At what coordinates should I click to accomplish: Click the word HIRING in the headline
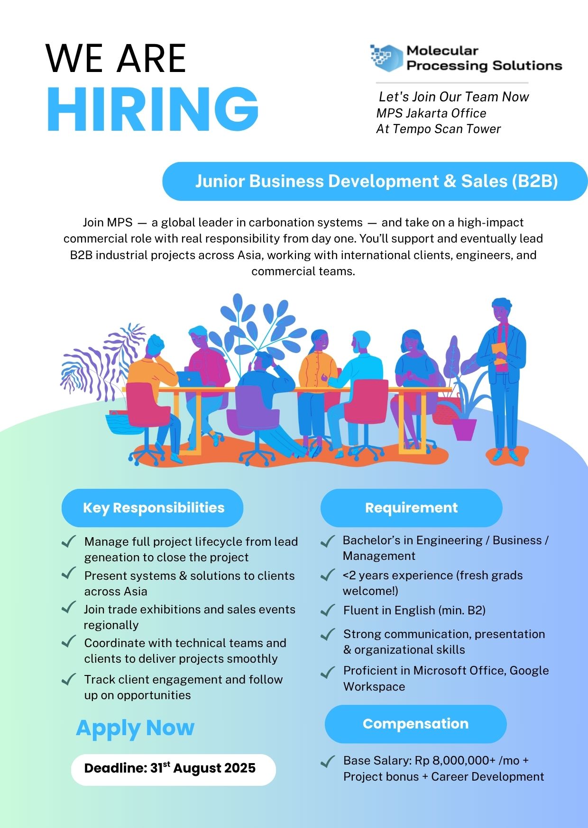[153, 109]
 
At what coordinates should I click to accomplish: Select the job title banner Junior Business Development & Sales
[375, 181]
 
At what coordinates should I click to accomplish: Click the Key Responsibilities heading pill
[152, 508]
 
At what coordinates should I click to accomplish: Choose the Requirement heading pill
[411, 508]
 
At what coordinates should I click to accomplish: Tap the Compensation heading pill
[415, 724]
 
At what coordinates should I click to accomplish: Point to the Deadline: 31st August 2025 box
[174, 770]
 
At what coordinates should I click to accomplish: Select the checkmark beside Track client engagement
[69, 679]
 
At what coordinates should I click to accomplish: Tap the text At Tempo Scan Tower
[439, 129]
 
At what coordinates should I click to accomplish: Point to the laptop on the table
[190, 378]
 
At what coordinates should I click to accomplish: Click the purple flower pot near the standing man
[464, 429]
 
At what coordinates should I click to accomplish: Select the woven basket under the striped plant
[118, 423]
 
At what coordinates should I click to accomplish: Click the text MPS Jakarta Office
[431, 113]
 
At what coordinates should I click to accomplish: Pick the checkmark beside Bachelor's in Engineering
[328, 541]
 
